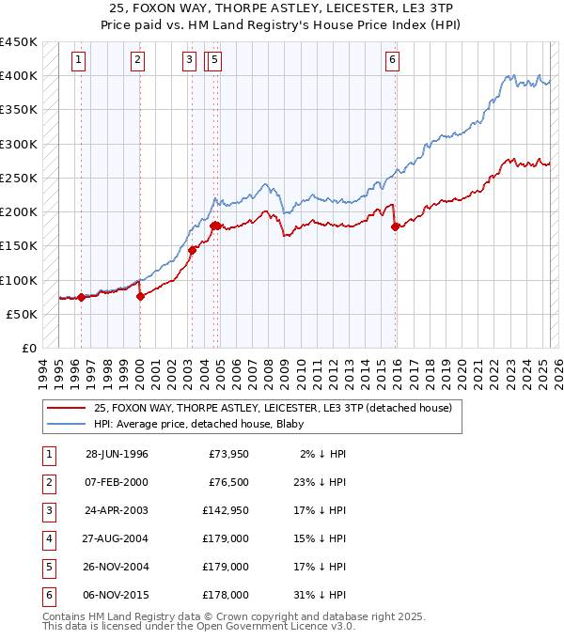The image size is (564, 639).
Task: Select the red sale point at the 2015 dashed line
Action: pos(395,226)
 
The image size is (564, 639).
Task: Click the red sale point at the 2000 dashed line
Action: pos(140,296)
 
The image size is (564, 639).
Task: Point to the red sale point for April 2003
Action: pos(192,250)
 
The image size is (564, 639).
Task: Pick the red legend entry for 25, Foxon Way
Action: pos(273,408)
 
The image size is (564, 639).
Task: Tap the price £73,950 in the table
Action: pos(227,453)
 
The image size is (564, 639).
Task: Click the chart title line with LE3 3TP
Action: pos(282,8)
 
